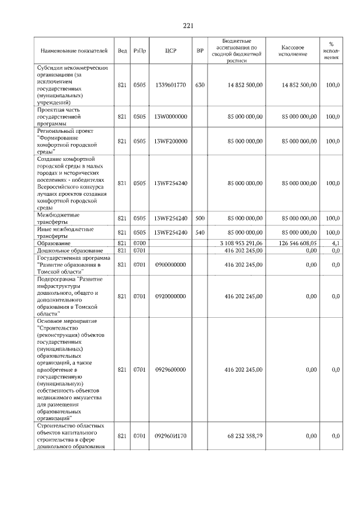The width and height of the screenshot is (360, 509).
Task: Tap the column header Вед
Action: point(121,51)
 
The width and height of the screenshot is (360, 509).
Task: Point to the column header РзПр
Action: point(140,51)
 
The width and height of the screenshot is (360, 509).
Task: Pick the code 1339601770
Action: point(171,85)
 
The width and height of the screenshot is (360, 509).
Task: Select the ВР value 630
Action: point(200,85)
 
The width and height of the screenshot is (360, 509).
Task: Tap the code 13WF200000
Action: point(171,141)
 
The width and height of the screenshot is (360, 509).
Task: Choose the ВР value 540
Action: point(200,232)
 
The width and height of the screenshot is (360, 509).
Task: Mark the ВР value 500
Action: point(200,218)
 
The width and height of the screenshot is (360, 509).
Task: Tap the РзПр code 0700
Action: point(140,242)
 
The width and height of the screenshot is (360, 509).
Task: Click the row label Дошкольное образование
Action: point(70,250)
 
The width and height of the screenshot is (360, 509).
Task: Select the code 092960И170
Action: point(171,436)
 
